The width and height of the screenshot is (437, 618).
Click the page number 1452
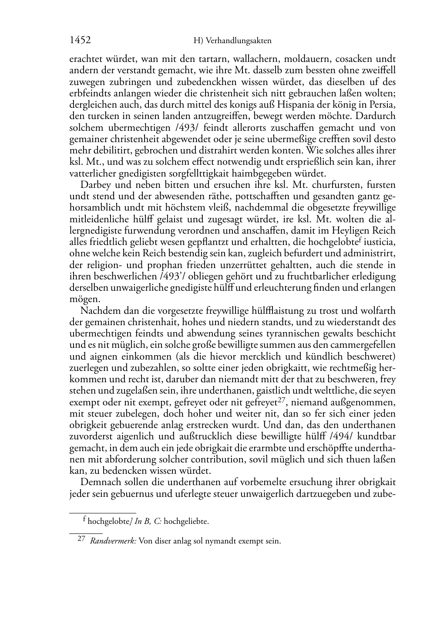(x=80, y=41)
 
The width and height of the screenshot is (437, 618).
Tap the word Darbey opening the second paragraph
(x=95, y=185)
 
